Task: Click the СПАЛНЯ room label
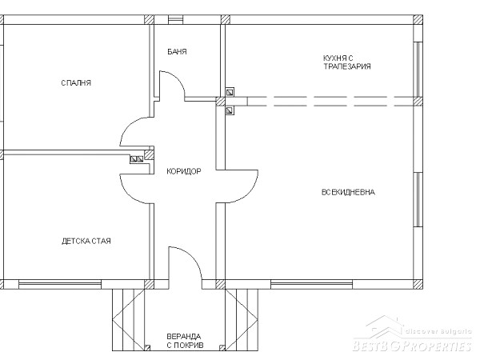pos(76,83)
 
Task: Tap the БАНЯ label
pos(177,52)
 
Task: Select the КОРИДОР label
pos(184,171)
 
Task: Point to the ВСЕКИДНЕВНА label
pos(348,192)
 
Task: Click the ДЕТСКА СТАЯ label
pos(86,242)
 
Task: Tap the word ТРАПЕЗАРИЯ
pos(347,66)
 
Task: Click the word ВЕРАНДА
pos(184,337)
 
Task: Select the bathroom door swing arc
pos(178,78)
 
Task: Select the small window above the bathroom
pos(176,20)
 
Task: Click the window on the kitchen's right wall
pos(418,69)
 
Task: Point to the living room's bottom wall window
pos(312,285)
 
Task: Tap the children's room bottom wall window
pos(60,285)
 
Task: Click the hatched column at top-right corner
pos(418,19)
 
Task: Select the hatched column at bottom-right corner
pos(418,284)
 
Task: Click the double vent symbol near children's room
pos(137,159)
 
